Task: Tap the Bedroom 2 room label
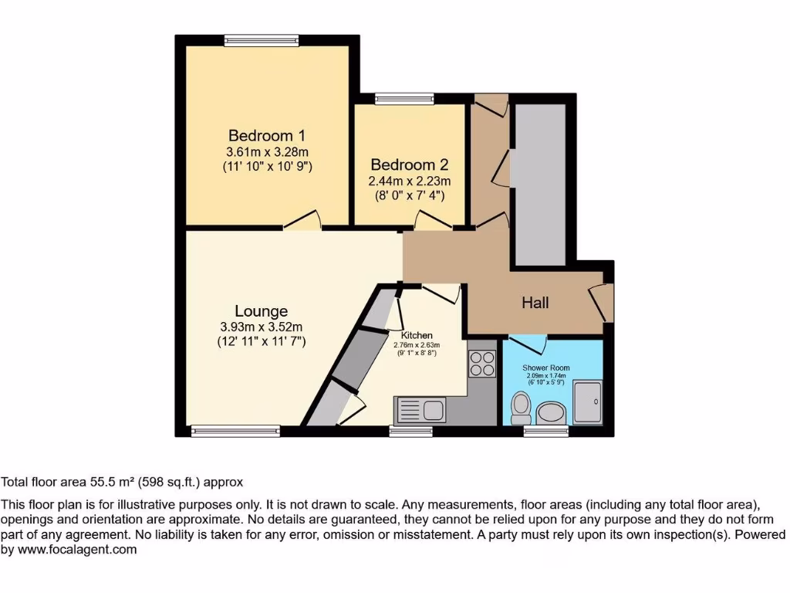point(409,164)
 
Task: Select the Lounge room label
point(262,311)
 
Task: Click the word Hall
point(535,303)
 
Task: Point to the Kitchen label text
point(416,335)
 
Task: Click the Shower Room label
point(545,368)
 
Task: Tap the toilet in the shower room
point(522,405)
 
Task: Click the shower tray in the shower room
point(587,402)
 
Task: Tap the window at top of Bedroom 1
point(262,40)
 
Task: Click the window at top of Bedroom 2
point(404,99)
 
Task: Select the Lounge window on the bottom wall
point(236,432)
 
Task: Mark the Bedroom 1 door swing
point(302,221)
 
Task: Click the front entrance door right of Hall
point(603,303)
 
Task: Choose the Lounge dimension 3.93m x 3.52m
point(262,327)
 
